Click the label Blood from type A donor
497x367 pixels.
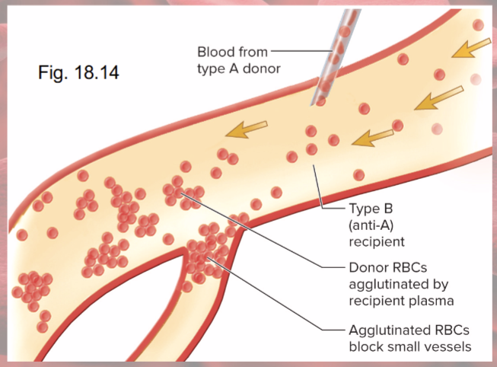coord(238,60)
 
